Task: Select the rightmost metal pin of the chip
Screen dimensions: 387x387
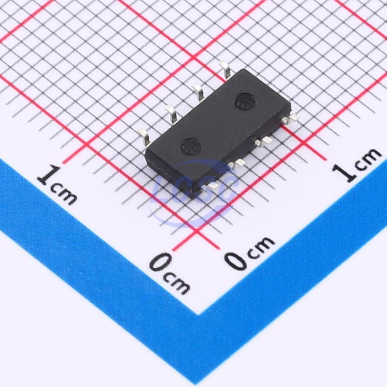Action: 290,119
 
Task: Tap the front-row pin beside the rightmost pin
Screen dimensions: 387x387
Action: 263,141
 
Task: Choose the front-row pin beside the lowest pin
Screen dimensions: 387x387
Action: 236,163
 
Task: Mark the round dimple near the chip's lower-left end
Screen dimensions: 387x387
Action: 191,147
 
